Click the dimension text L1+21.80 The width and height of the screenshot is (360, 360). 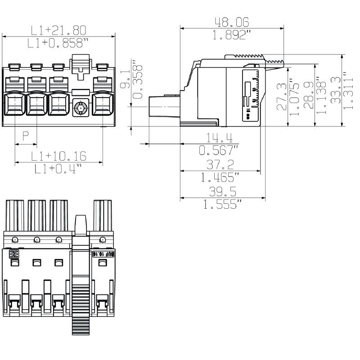(x=58, y=30)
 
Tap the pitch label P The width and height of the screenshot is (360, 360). (x=26, y=135)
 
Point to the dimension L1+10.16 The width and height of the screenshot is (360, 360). (x=58, y=156)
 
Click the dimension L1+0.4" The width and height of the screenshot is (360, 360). (x=58, y=169)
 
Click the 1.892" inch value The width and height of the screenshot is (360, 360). (x=232, y=35)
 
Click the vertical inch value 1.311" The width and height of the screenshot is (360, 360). (x=347, y=90)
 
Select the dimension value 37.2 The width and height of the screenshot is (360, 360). (x=220, y=164)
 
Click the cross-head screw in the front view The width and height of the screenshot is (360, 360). (x=81, y=108)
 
